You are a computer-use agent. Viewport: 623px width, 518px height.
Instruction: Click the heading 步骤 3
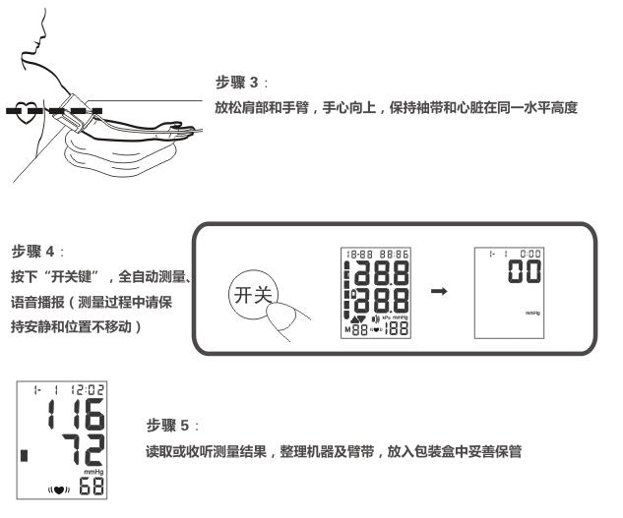(235, 82)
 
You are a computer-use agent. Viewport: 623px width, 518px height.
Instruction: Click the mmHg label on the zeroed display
(530, 314)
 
